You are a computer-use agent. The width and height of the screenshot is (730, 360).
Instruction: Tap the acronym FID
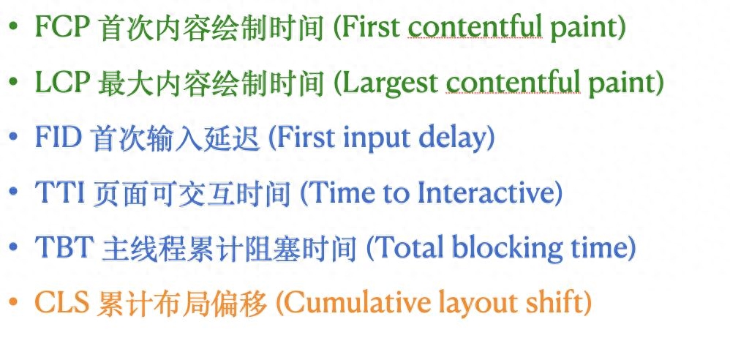[59, 138]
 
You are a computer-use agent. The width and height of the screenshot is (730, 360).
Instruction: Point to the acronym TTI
[59, 192]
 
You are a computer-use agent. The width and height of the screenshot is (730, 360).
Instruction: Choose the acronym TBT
[64, 247]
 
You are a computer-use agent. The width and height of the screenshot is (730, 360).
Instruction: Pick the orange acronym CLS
[62, 303]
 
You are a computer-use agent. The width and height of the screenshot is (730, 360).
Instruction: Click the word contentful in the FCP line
[475, 28]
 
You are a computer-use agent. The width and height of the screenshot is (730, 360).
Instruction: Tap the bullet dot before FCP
[13, 26]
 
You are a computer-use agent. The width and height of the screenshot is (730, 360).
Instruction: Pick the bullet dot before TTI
[13, 192]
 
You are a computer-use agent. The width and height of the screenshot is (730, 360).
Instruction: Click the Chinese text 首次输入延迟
[176, 138]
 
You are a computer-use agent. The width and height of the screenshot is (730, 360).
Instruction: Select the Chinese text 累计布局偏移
[183, 304]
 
